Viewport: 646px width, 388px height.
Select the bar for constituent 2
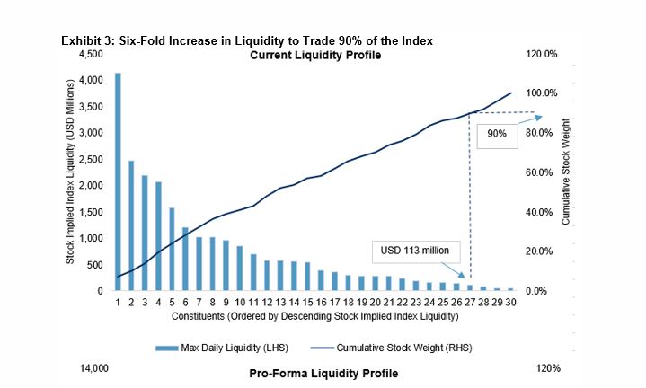point(131,226)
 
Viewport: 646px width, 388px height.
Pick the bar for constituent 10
point(240,269)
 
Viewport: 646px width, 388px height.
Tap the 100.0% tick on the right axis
point(542,93)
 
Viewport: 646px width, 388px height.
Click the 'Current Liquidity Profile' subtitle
point(314,56)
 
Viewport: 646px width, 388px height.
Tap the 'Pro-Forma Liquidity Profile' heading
point(322,372)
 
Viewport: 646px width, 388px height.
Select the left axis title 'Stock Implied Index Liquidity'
point(69,172)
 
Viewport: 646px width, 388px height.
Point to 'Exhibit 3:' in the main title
point(87,42)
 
